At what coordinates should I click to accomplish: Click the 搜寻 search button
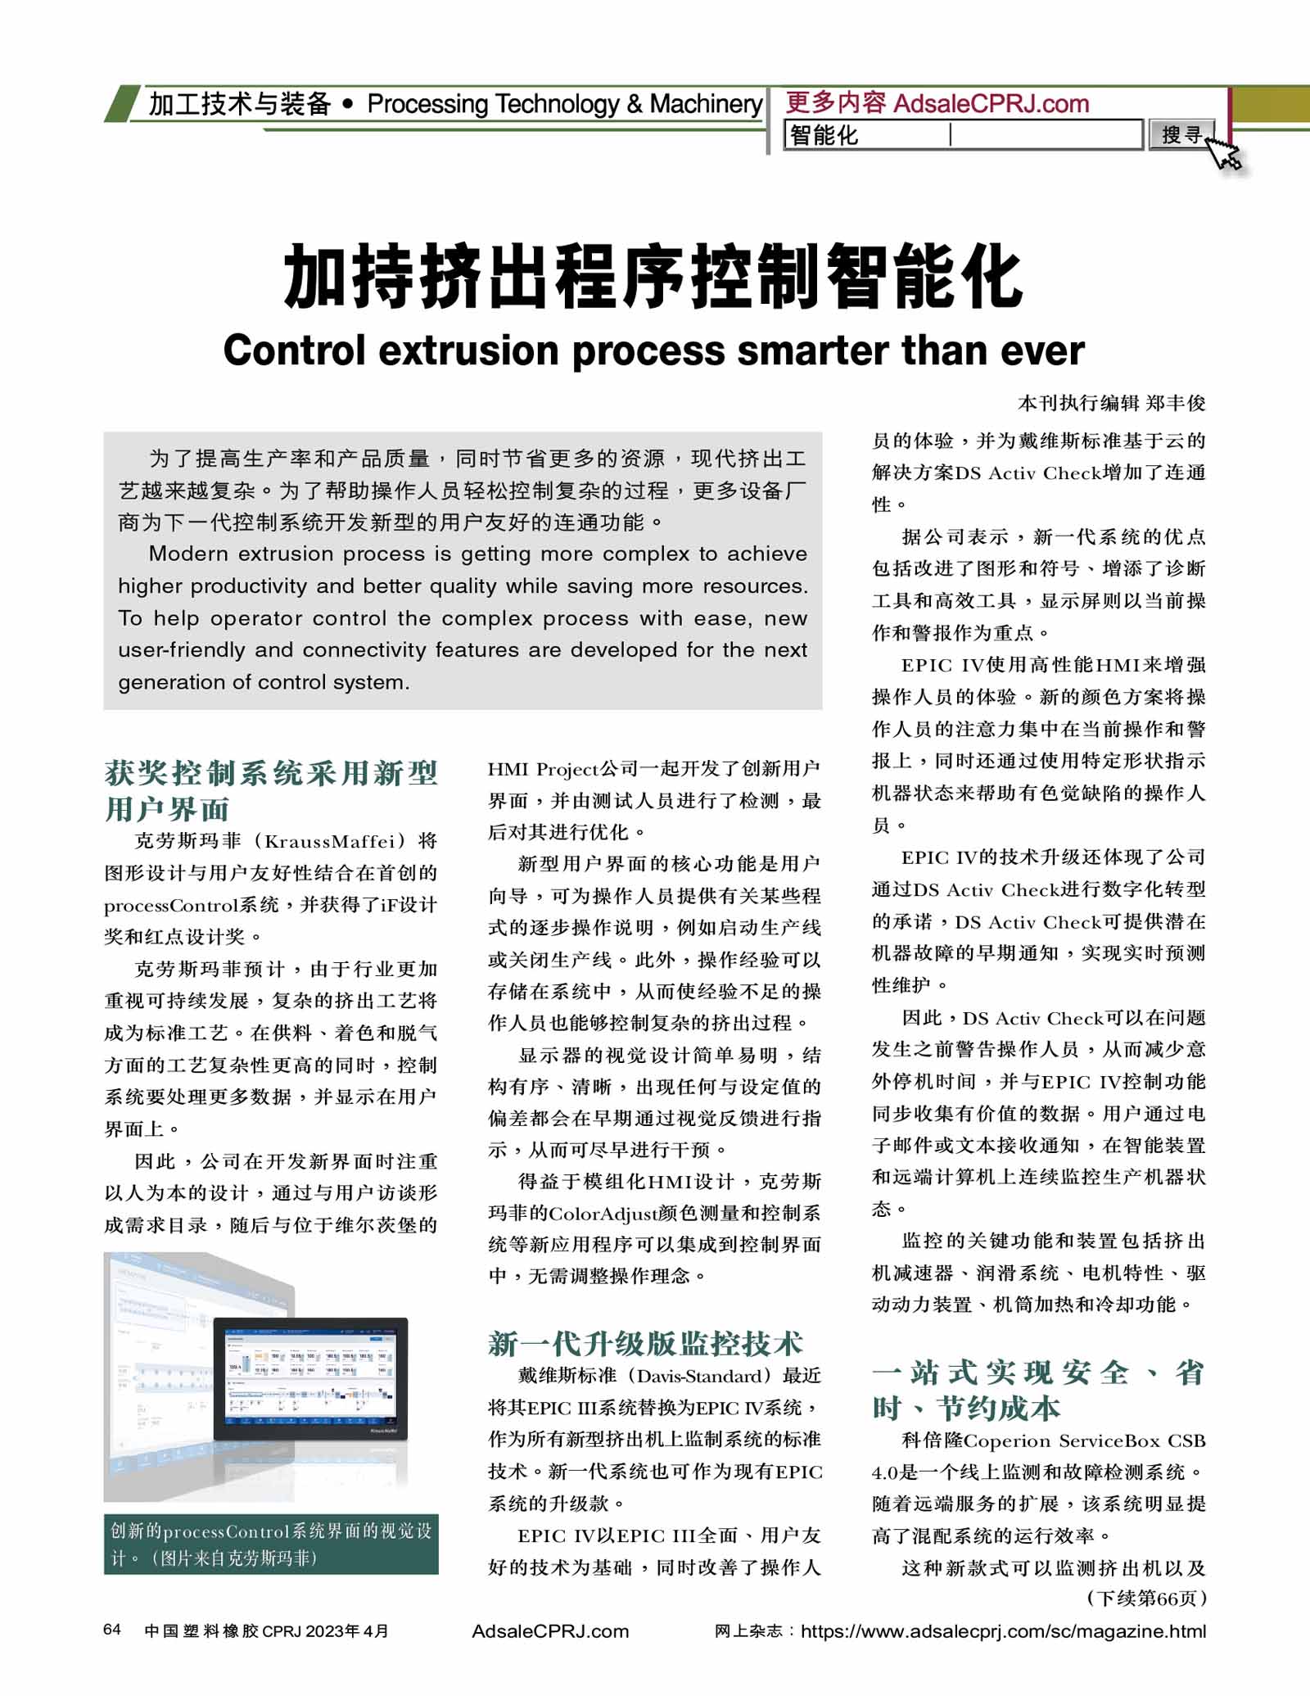1181,134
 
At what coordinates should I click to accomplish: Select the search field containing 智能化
962,135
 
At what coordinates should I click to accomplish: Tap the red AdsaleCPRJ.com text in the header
991,104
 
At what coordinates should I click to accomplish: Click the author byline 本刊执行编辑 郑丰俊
1111,403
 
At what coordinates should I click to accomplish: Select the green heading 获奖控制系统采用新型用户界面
270,790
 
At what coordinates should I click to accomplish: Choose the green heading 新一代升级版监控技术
645,1344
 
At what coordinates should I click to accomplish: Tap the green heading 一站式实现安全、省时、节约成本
1037,1390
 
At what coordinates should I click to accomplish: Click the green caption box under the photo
271,1544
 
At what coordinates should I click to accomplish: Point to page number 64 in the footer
112,1630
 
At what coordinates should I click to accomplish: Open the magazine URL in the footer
1003,1631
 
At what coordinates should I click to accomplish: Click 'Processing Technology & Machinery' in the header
564,104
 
